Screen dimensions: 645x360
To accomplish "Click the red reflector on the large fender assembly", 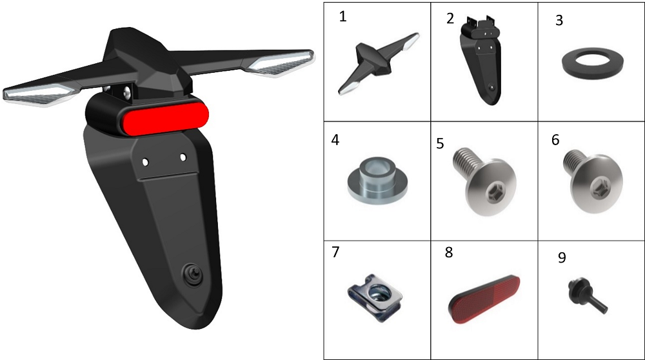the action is pyautogui.click(x=163, y=115).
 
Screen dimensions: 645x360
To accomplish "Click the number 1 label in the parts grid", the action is pyautogui.click(x=342, y=17).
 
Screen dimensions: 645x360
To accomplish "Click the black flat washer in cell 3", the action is pyautogui.click(x=592, y=64).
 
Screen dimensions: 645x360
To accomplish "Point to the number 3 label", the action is pyautogui.click(x=559, y=20).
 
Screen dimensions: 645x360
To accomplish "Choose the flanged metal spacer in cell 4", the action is pyautogui.click(x=377, y=181).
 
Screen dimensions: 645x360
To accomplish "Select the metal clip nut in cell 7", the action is pyautogui.click(x=375, y=296).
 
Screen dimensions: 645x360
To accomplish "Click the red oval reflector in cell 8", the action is pyautogui.click(x=484, y=299).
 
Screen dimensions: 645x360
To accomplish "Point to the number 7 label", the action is pyautogui.click(x=335, y=252).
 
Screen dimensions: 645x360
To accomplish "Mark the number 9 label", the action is pyautogui.click(x=562, y=257).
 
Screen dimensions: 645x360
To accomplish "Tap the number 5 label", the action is pyautogui.click(x=440, y=144).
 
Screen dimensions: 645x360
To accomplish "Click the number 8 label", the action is pyautogui.click(x=449, y=252).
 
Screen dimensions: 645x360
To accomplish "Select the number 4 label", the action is pyautogui.click(x=335, y=140).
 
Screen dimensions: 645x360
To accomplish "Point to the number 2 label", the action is pyautogui.click(x=450, y=19).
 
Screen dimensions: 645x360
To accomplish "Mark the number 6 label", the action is pyautogui.click(x=555, y=140).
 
